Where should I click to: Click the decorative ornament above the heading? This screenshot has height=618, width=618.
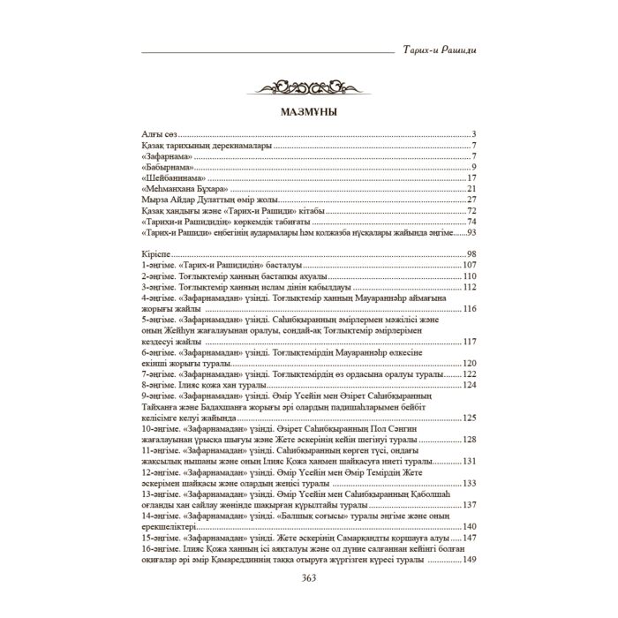point(308,87)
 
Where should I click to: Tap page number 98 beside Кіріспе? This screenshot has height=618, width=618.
point(471,253)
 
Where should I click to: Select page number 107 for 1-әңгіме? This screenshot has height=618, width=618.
point(469,264)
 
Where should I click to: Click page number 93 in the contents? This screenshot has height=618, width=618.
point(471,232)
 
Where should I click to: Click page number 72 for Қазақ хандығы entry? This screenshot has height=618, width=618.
point(471,210)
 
